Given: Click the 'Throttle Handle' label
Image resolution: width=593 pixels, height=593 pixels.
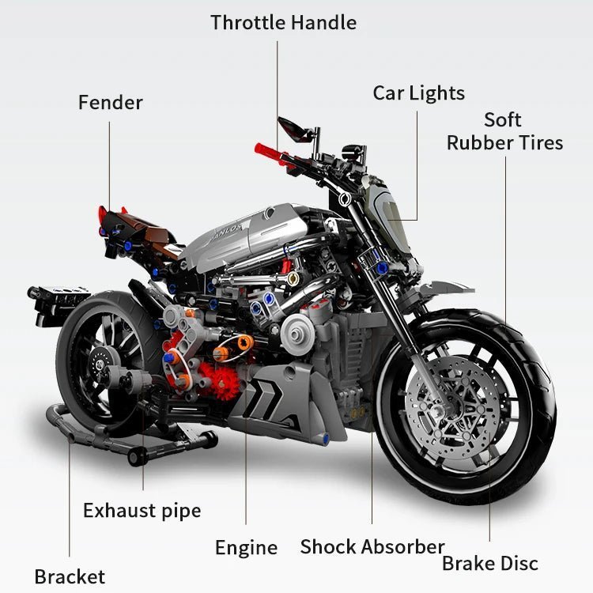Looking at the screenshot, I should (283, 22).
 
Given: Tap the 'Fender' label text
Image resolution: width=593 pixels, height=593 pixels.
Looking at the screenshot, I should (110, 102).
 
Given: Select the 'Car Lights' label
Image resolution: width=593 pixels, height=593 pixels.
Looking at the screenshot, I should (418, 93).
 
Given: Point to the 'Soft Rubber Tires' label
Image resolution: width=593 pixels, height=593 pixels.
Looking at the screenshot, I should (504, 131).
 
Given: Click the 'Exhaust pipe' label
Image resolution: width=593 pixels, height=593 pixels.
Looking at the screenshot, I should (142, 510).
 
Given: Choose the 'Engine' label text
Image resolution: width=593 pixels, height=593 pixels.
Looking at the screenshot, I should (246, 547).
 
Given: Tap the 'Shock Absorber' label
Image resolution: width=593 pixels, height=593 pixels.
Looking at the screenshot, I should (372, 546).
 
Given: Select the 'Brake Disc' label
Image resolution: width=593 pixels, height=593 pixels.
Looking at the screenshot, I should (489, 563).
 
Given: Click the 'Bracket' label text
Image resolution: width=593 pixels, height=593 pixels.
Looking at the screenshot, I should (69, 576).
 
